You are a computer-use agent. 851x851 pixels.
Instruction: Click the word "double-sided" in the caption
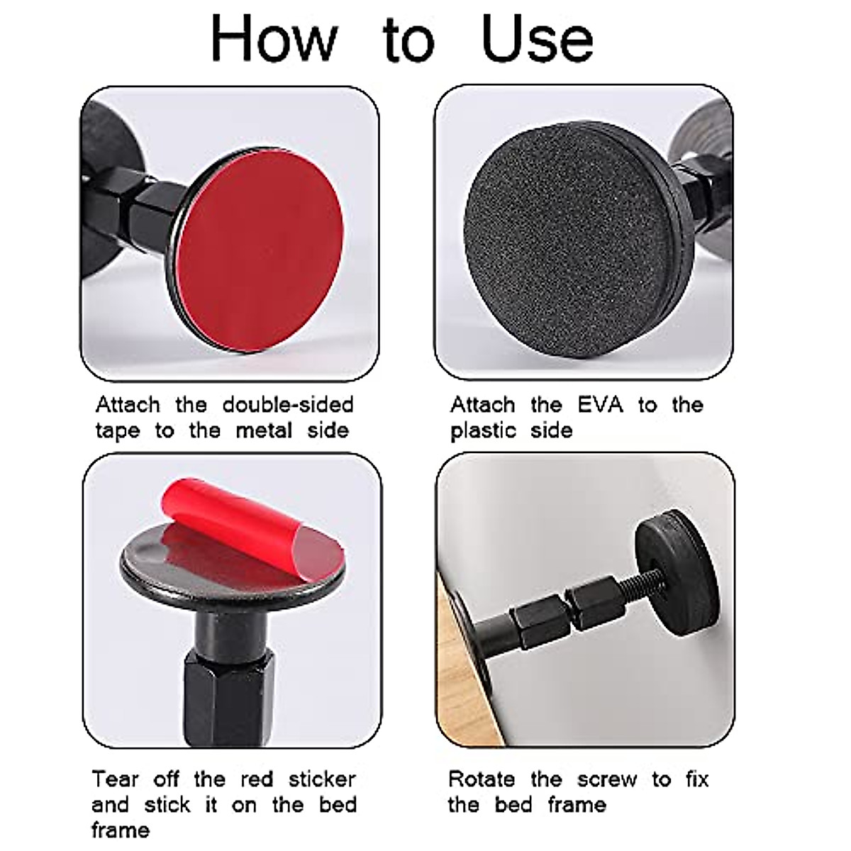287,405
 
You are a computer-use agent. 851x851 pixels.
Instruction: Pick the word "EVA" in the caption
600,405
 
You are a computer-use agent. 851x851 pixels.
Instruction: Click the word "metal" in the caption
263,430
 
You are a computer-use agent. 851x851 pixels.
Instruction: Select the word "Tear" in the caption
115,779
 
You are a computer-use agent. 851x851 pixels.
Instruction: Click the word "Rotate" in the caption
482,779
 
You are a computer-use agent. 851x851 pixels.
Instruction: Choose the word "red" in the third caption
257,779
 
